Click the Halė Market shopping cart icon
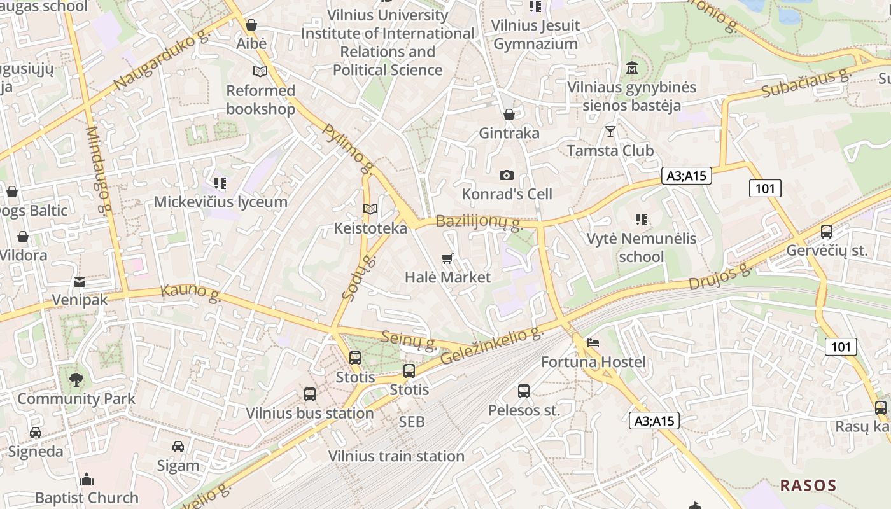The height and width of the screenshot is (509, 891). pyautogui.click(x=447, y=258)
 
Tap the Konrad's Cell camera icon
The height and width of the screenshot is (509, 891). pyautogui.click(x=507, y=175)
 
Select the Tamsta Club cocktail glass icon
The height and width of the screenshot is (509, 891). pyautogui.click(x=610, y=132)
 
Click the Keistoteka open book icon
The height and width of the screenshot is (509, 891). pyautogui.click(x=370, y=209)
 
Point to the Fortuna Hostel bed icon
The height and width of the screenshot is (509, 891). pyautogui.click(x=593, y=343)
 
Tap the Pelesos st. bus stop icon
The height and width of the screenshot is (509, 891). pyautogui.click(x=524, y=391)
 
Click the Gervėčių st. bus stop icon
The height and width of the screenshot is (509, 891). pyautogui.click(x=827, y=232)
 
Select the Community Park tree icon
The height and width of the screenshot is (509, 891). pyautogui.click(x=76, y=380)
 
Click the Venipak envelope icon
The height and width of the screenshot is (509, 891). pyautogui.click(x=80, y=281)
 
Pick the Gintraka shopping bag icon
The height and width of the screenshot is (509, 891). pyautogui.click(x=509, y=115)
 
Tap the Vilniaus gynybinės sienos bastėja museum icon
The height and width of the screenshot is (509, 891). pyautogui.click(x=632, y=67)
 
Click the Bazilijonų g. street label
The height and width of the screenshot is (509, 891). pyautogui.click(x=480, y=223)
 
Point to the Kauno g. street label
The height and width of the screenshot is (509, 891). pyautogui.click(x=190, y=293)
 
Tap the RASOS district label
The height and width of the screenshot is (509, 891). pyautogui.click(x=808, y=485)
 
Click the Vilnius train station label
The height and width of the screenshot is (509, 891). pyautogui.click(x=396, y=456)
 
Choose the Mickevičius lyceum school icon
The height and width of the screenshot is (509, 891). pyautogui.click(x=220, y=184)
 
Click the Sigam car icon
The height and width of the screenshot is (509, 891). pyautogui.click(x=178, y=447)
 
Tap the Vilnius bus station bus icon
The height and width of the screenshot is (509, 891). pyautogui.click(x=310, y=394)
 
